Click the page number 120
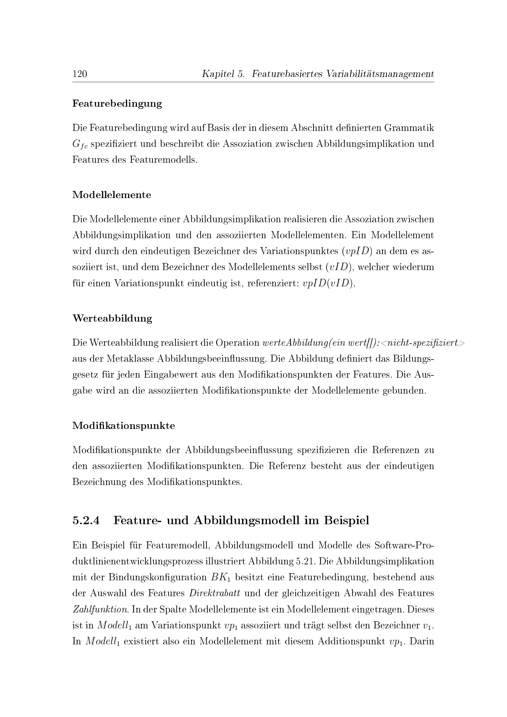click(80, 74)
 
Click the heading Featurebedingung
click(117, 104)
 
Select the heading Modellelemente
click(112, 195)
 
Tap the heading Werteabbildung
click(112, 318)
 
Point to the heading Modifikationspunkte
click(124, 426)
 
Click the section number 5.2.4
click(86, 521)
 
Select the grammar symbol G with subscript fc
click(80, 145)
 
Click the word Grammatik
click(409, 128)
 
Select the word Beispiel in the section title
click(347, 521)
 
